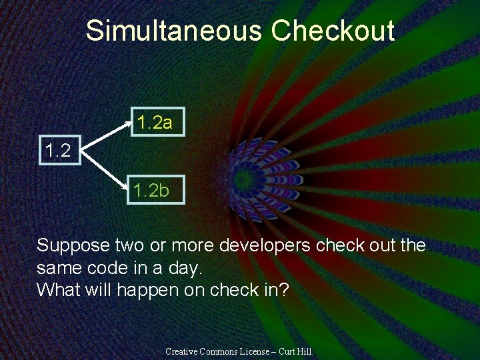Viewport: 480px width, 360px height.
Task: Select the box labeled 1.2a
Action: [155, 122]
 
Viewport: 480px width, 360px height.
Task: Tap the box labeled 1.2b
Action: [151, 191]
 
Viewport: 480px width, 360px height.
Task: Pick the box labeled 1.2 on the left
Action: [58, 150]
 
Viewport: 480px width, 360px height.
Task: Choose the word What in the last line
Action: [57, 289]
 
